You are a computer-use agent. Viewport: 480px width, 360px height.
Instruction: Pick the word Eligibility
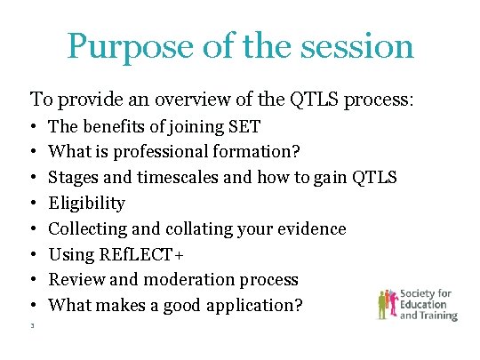(x=86, y=204)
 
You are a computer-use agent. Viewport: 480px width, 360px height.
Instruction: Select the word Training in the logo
(x=439, y=315)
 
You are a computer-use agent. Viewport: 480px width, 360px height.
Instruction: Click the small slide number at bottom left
(x=32, y=326)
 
